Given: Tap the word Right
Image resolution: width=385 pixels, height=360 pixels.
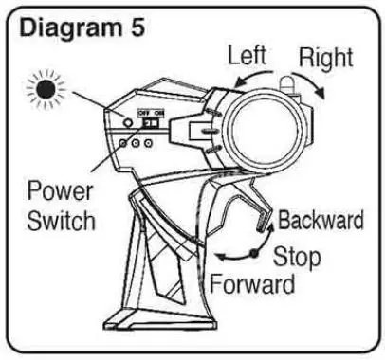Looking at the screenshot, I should click(325, 56).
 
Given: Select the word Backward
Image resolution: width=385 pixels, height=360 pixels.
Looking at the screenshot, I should click(321, 221).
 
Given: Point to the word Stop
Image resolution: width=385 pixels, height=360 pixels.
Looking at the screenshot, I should click(297, 256).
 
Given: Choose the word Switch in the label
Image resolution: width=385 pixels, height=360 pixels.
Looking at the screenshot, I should click(59, 223).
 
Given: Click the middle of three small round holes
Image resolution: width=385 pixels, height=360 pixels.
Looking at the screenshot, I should click(136, 145).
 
